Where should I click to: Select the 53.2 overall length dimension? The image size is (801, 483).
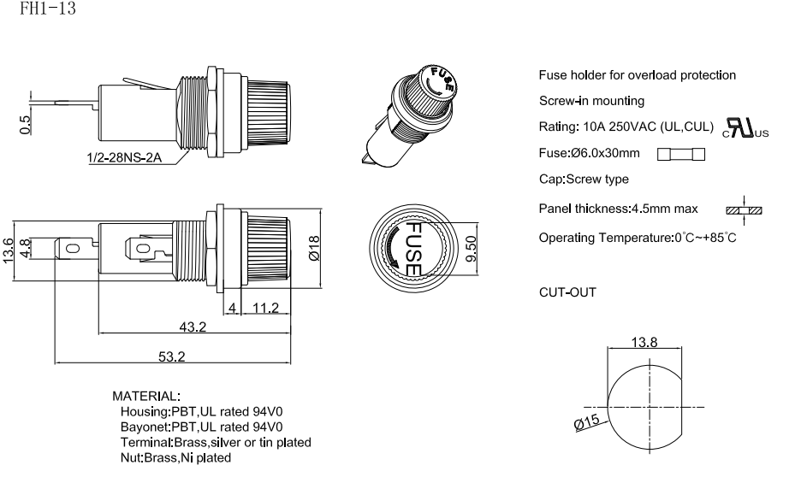[171, 356]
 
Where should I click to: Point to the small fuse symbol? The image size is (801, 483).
[681, 154]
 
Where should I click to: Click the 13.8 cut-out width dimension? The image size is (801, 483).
[644, 343]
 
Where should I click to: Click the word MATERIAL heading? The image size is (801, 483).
[146, 396]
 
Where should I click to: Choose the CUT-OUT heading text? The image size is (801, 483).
[567, 292]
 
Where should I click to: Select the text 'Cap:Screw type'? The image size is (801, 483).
[584, 180]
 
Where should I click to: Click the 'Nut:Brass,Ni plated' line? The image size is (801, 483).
[176, 457]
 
